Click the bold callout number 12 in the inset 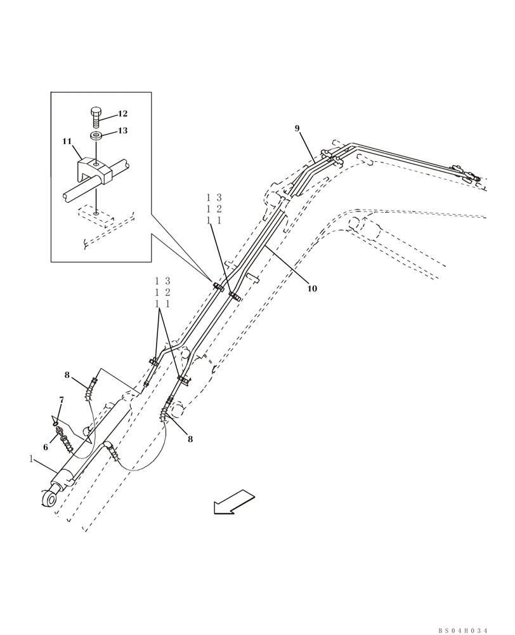(x=122, y=114)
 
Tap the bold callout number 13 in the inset (x=122, y=131)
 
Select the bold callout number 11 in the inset (x=67, y=142)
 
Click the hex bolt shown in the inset (x=95, y=117)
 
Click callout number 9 (x=297, y=128)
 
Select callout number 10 (x=312, y=289)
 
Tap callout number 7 (x=62, y=400)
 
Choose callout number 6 (x=46, y=447)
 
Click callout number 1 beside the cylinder (x=30, y=458)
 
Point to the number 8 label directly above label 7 (x=67, y=375)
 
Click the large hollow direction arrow (x=233, y=501)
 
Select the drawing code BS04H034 (x=462, y=630)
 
